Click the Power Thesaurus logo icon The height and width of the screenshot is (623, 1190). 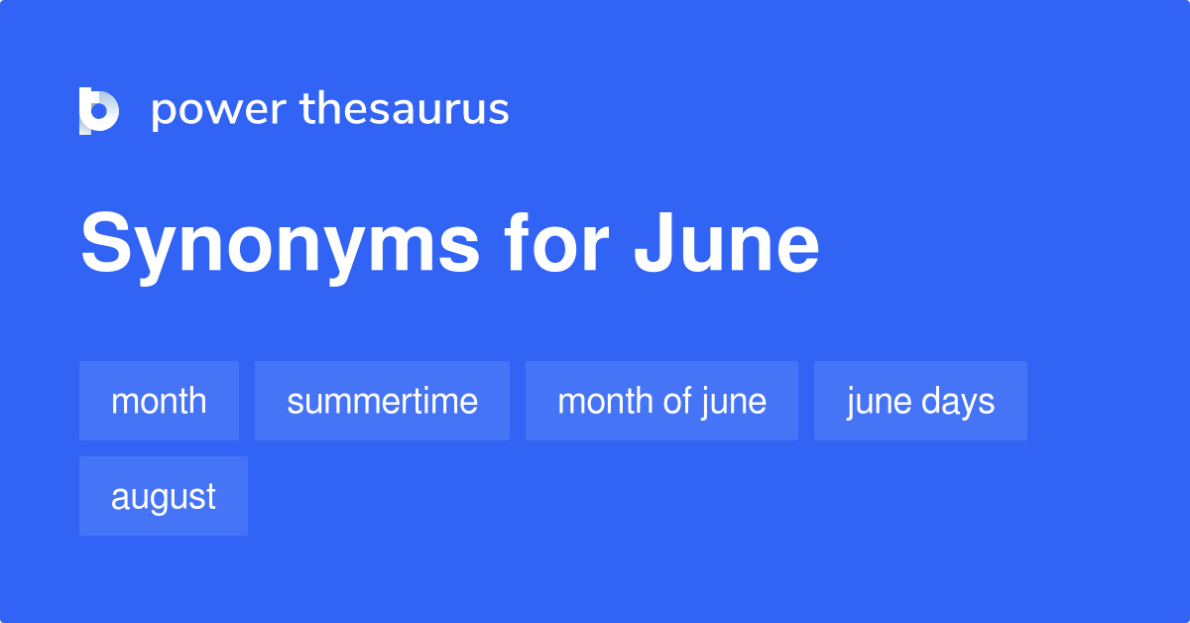99,110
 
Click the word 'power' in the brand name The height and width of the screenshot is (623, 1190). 218,110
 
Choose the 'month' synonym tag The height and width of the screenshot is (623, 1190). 159,401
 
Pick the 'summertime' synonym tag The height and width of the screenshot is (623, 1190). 382,401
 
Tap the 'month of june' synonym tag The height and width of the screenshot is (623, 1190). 661,401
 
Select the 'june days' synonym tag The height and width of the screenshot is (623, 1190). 920,401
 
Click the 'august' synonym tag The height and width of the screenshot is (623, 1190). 164,496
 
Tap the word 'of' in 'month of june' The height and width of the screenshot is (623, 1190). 676,401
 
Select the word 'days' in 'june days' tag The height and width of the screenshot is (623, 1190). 958,401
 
